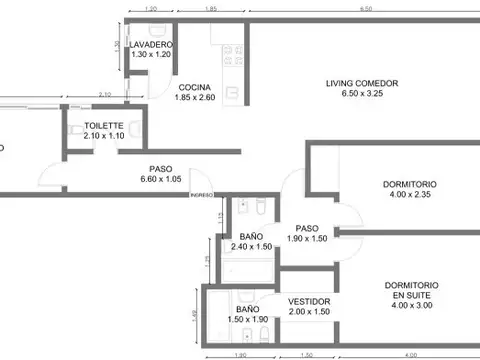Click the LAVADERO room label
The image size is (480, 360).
click(151, 46)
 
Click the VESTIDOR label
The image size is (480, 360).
click(309, 301)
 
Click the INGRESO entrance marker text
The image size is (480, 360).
click(202, 196)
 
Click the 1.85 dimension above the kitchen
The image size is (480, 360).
click(212, 9)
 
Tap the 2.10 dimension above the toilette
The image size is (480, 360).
click(104, 96)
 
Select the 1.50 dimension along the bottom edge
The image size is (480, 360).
click(307, 355)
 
